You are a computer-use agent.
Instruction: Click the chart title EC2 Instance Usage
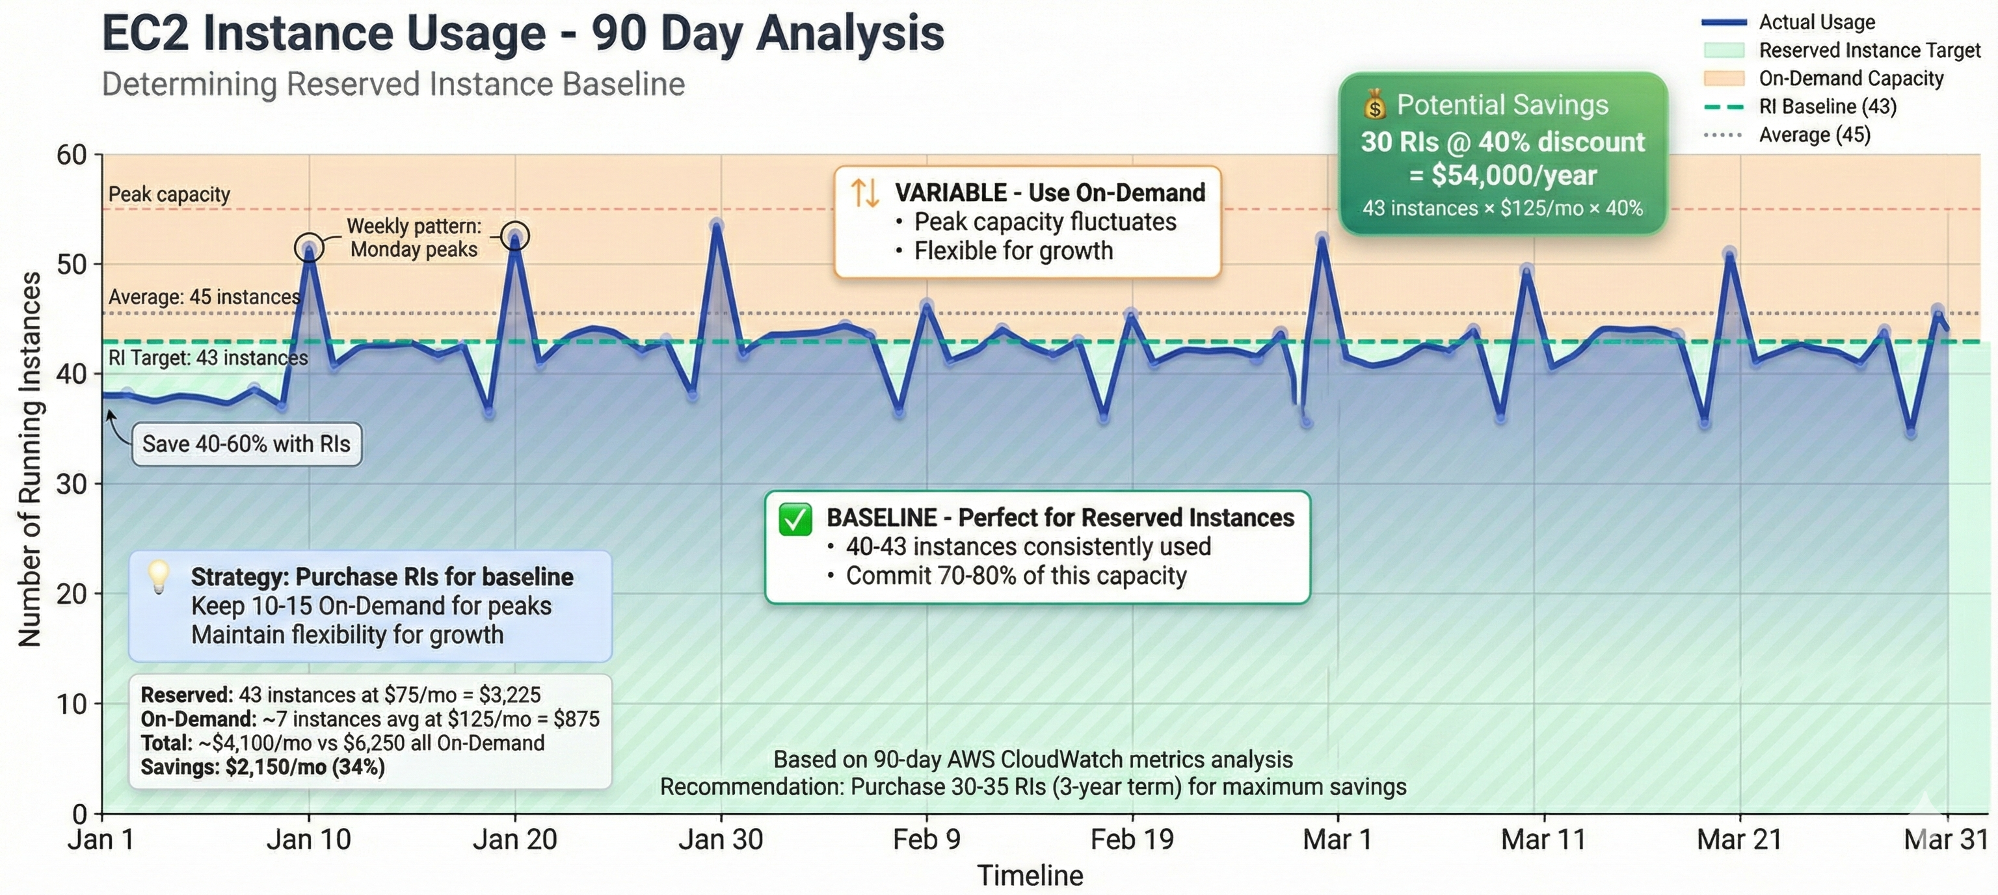point(522,35)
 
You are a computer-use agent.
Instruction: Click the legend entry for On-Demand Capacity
point(1850,78)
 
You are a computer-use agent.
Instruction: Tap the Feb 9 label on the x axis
point(926,839)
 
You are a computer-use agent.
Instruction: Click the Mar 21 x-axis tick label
point(1739,839)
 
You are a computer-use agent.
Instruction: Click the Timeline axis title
point(1030,875)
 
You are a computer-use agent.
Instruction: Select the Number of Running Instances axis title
point(29,459)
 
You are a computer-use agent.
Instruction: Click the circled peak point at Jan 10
point(310,248)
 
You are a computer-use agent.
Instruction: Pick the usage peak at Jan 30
point(717,226)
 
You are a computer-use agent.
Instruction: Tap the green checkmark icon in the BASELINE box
point(795,519)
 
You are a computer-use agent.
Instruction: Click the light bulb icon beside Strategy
point(159,576)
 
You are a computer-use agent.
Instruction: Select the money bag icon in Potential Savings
point(1374,105)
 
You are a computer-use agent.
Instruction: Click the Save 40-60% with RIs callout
point(246,444)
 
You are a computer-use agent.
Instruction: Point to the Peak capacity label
point(169,194)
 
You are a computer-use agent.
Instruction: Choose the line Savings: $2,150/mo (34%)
point(262,768)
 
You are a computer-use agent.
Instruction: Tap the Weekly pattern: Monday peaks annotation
point(414,237)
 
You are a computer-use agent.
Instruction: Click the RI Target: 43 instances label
point(208,358)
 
